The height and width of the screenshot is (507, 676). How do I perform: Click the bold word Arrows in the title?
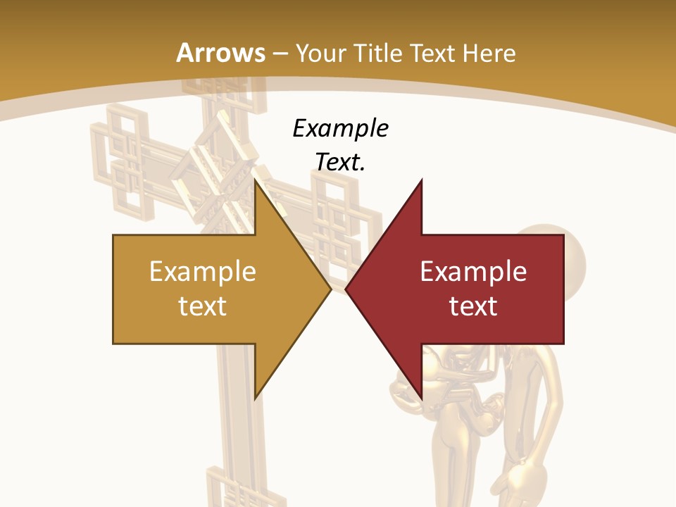(221, 53)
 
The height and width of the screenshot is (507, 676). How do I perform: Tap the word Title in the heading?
(378, 53)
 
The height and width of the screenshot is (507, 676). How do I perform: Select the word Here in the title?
(489, 53)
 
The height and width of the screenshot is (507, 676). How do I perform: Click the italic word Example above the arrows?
(340, 128)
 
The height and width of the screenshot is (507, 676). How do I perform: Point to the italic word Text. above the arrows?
(340, 162)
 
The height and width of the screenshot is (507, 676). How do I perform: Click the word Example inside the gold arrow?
(203, 271)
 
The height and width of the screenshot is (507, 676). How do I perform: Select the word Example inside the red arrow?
(473, 271)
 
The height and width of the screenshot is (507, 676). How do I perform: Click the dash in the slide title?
(280, 54)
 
